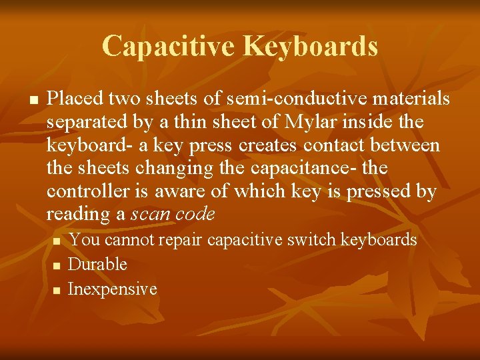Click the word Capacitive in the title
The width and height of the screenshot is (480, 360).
[169, 46]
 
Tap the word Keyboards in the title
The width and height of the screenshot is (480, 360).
[311, 46]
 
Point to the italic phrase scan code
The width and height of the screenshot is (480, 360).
[174, 214]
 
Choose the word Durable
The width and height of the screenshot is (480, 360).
[98, 265]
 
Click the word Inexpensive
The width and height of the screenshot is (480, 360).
[113, 289]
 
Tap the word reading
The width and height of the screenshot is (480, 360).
[73, 214]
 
